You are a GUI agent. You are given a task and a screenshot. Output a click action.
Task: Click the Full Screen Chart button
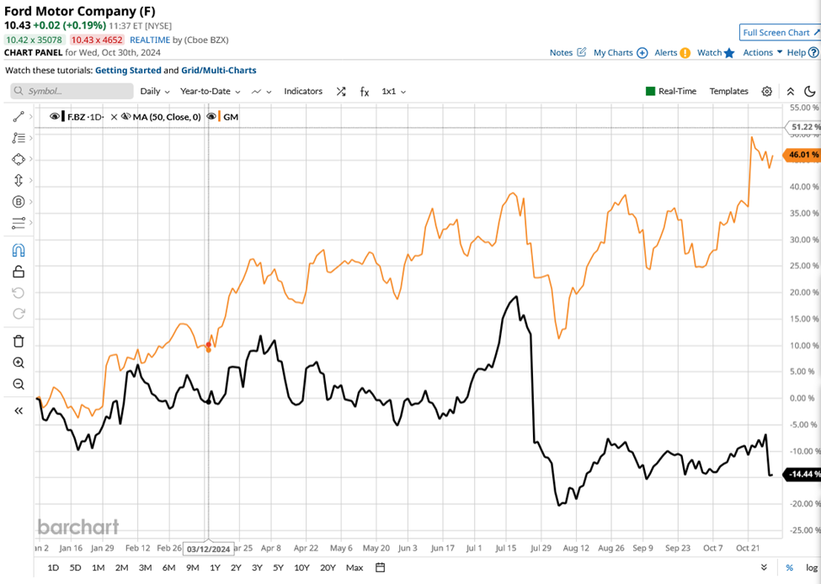780,33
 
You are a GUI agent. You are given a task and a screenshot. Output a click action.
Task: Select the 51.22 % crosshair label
802,128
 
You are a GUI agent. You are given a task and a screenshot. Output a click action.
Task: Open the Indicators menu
303,91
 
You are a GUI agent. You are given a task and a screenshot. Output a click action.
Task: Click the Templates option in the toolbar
728,91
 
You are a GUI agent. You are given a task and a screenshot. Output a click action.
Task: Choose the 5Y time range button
278,567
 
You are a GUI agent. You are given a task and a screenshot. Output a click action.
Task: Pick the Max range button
355,567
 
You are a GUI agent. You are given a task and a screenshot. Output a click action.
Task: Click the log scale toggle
811,568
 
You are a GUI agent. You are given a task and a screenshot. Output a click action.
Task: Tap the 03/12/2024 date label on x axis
209,549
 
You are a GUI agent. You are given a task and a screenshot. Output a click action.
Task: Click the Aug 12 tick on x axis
577,548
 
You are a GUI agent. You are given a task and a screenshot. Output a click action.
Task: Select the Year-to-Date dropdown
211,91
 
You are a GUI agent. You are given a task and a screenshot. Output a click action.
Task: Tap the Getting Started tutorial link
128,71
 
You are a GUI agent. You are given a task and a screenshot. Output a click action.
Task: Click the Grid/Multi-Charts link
219,71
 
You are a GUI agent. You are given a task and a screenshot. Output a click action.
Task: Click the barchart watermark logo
78,527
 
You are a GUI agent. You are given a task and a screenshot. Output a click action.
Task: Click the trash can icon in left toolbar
19,341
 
